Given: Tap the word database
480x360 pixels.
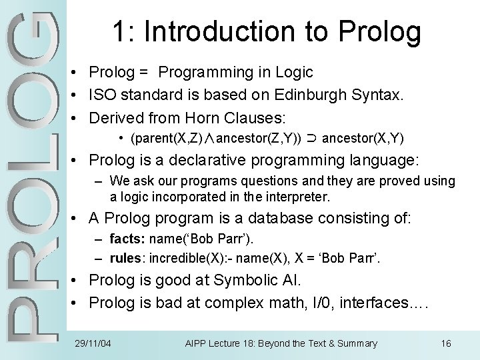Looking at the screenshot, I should tap(265, 218).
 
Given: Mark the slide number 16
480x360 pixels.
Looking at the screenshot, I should tap(446, 343).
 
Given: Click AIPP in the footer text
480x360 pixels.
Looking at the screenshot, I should tap(197, 343).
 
